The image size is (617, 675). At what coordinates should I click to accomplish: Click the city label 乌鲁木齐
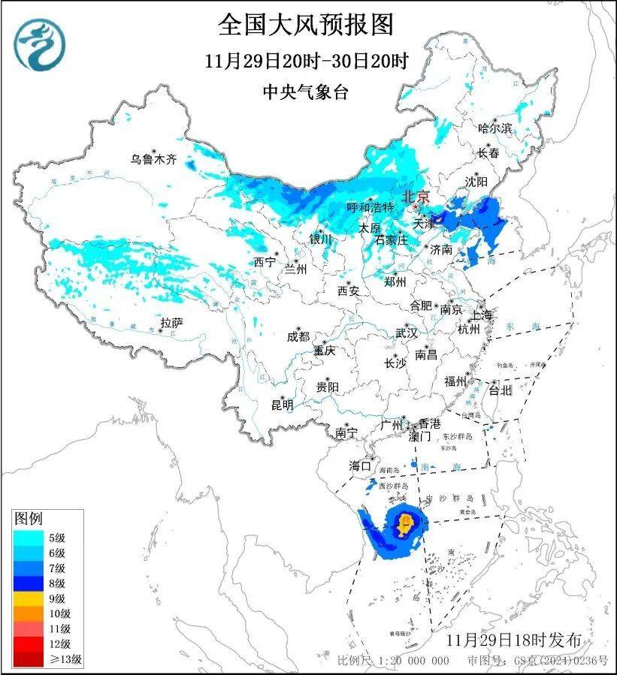pos(153,159)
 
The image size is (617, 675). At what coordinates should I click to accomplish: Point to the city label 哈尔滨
pos(495,128)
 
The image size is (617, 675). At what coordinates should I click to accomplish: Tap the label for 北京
pos(416,197)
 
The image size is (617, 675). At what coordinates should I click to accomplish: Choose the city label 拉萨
pos(171,323)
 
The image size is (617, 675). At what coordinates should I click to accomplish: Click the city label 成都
pos(298,337)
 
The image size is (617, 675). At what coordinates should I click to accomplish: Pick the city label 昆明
pos(283,405)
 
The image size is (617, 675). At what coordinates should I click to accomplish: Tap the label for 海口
pos(360,466)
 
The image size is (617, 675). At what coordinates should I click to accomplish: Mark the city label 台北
pos(500,390)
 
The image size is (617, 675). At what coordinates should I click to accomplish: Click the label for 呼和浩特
pos(370,207)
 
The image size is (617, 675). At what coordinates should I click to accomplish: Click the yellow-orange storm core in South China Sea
pos(407,522)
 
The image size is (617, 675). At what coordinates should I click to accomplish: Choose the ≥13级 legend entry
pos(45,659)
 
